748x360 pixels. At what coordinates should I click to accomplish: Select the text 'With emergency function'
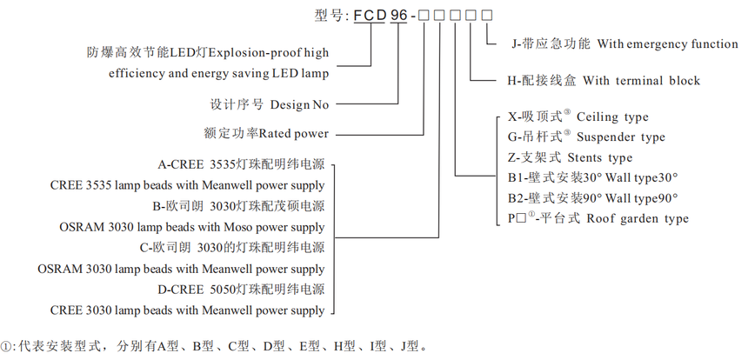point(666,43)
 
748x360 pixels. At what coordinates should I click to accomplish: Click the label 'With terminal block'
point(641,81)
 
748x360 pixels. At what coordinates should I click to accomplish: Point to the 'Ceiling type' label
point(612,117)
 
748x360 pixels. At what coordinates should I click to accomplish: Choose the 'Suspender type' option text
point(621,137)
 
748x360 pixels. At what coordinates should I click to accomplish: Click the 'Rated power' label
point(294,134)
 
